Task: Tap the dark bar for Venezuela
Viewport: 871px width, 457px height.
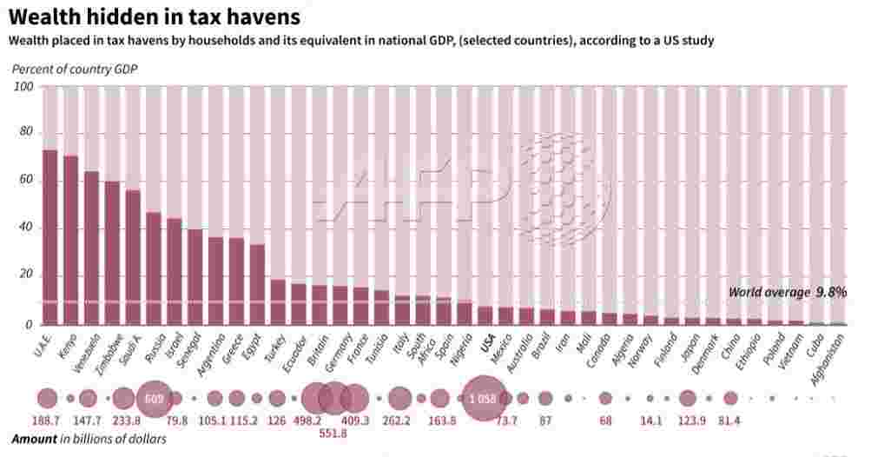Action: (91, 248)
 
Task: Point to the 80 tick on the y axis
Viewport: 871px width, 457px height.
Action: (23, 132)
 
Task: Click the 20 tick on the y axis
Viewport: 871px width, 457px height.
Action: (23, 276)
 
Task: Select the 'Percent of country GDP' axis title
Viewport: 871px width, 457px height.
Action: (75, 69)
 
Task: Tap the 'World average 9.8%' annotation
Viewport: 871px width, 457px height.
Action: (787, 293)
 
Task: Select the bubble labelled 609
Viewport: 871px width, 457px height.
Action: (155, 399)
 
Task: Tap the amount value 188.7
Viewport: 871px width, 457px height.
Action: (47, 421)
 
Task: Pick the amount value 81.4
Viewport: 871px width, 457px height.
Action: (730, 421)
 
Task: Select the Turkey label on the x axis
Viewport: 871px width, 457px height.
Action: (275, 343)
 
